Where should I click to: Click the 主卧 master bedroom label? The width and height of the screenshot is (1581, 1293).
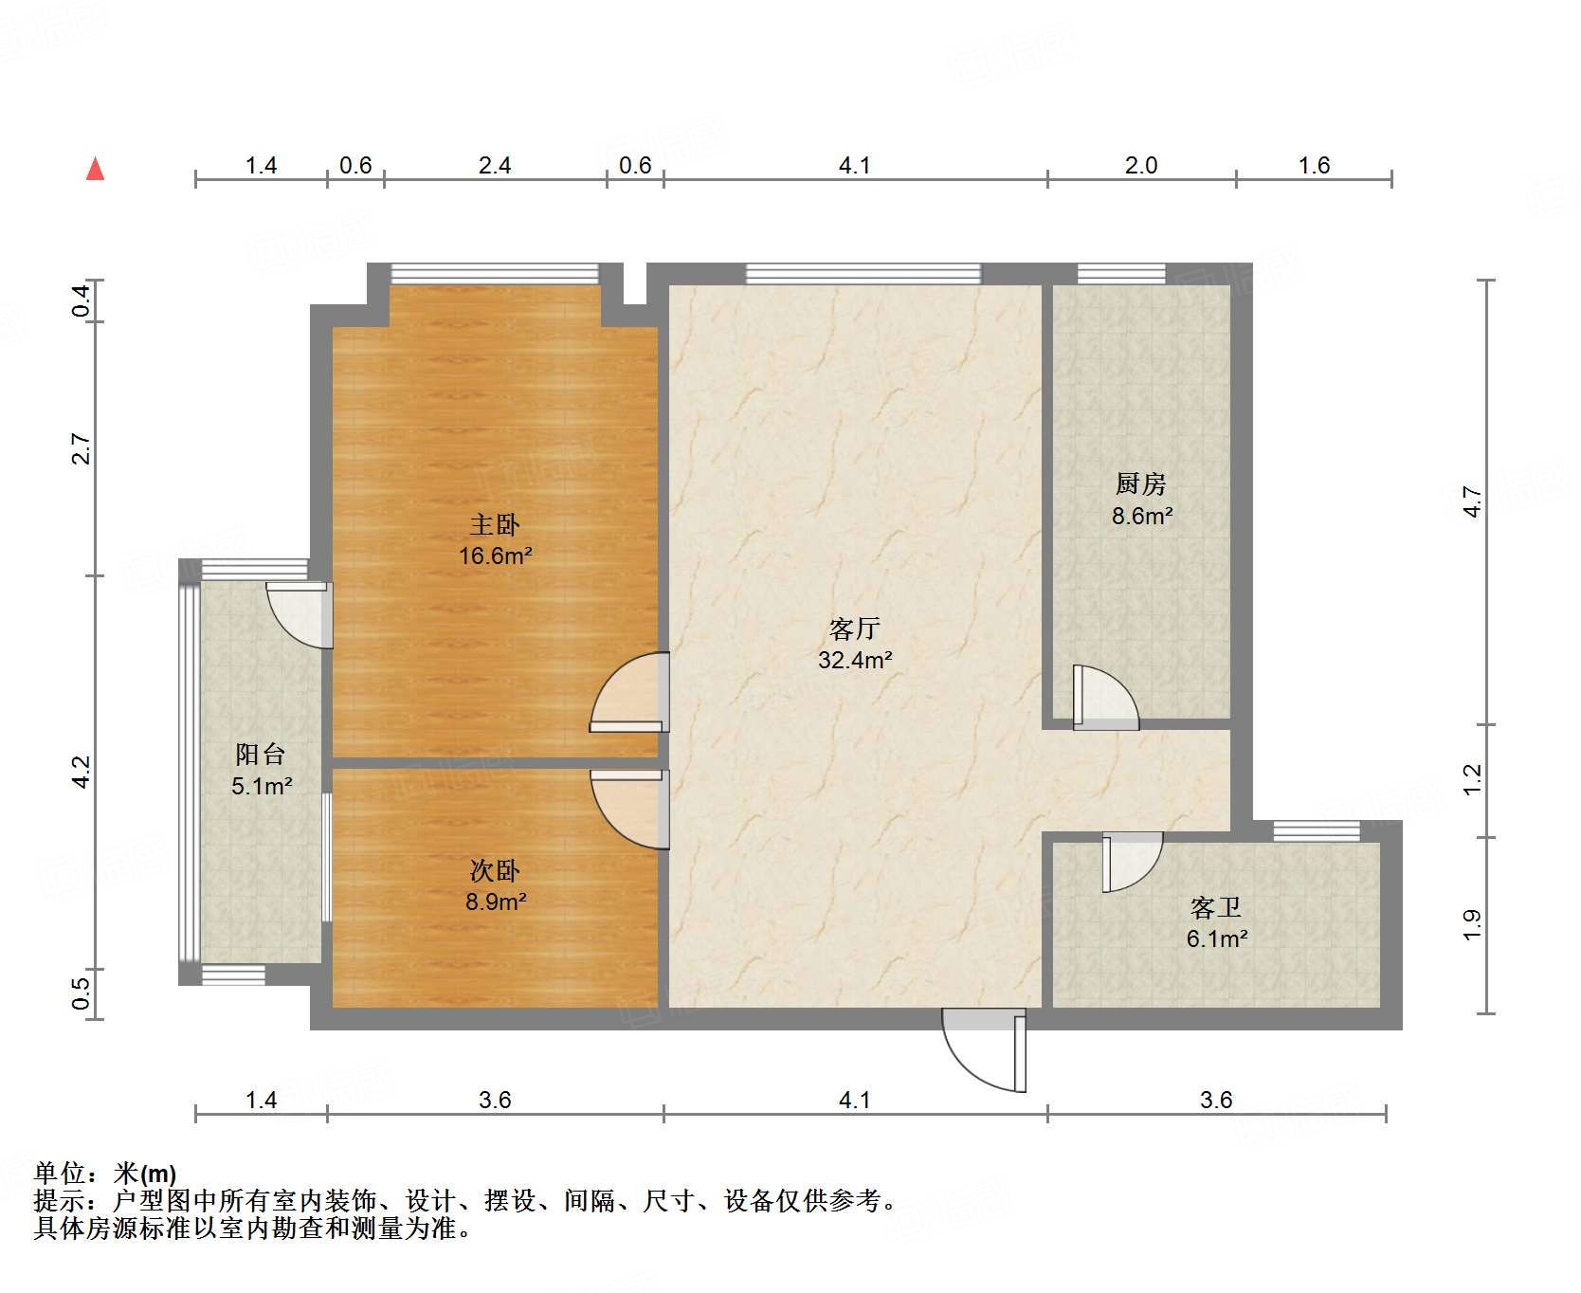495,524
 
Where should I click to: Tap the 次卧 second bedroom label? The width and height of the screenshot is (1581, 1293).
495,870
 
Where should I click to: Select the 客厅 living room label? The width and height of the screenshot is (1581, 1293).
855,628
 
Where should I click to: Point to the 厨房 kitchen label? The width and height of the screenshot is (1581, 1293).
1140,484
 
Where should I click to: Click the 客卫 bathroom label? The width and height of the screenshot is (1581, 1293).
1216,908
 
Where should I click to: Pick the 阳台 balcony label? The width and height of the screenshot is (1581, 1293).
261,755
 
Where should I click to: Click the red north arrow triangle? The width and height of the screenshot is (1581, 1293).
95,170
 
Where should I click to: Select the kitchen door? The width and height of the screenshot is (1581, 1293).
1104,697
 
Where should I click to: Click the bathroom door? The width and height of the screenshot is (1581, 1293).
1131,860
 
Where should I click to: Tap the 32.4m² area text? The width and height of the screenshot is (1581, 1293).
855,660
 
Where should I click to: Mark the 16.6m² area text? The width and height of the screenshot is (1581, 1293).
495,555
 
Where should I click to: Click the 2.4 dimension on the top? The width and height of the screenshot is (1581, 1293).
495,166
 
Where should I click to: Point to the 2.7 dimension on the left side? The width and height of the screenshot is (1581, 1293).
82,448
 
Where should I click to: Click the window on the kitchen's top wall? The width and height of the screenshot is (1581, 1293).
1121,274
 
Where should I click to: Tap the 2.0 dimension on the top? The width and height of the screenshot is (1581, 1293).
1141,166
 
